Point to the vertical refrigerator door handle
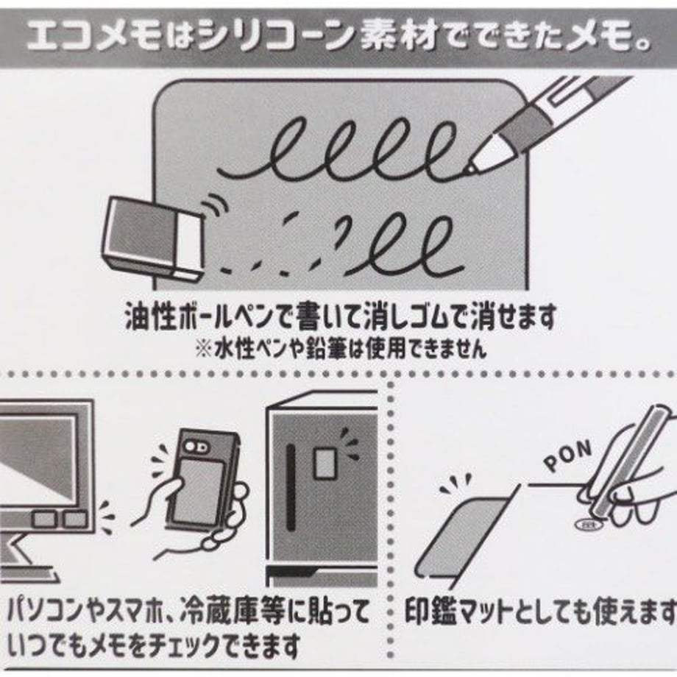point(291,487)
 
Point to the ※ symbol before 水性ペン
point(203,349)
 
